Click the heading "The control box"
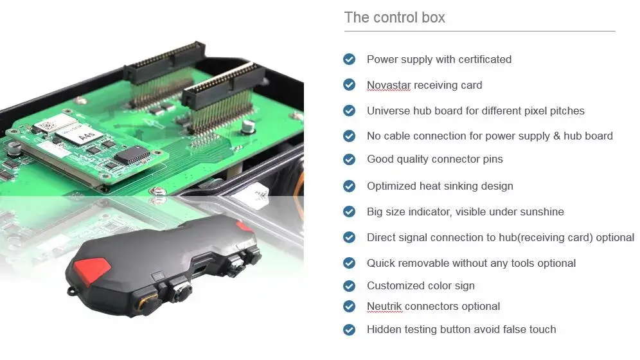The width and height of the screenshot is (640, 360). point(395,17)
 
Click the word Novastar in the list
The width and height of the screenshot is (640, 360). point(389,85)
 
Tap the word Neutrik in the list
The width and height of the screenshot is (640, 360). point(384,306)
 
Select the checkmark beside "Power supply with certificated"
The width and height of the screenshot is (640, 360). point(349,59)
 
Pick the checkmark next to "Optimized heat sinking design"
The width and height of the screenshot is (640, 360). point(349,186)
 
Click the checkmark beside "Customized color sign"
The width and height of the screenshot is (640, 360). point(349,285)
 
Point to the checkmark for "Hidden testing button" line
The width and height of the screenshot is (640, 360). point(349,329)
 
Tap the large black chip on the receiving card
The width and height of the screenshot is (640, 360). point(132,155)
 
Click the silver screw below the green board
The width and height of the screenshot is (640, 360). point(157,191)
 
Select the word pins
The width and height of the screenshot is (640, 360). point(493,159)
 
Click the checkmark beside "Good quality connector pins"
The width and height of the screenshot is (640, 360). point(349,159)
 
